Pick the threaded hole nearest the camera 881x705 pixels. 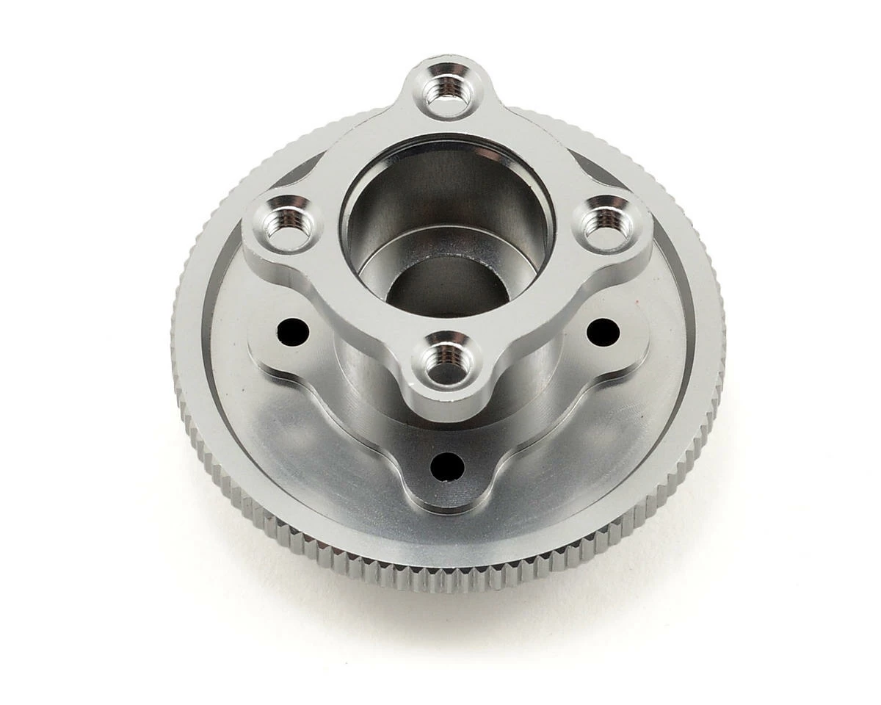coord(445,361)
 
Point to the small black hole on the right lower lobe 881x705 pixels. coord(603,333)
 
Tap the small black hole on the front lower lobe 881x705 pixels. coord(447,465)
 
